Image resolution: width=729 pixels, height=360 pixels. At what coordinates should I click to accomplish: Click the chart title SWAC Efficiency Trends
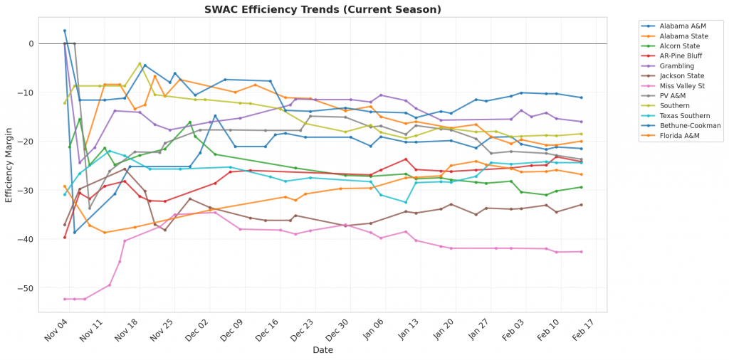point(322,9)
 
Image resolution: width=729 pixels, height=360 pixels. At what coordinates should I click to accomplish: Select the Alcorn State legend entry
point(681,45)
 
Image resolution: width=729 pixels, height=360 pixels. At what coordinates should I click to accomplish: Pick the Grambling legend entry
point(677,65)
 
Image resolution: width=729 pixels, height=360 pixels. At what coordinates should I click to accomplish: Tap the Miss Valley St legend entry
point(682,85)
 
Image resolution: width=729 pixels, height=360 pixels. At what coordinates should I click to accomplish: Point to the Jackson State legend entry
point(681,75)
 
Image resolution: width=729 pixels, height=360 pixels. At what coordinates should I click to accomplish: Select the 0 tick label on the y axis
point(31,43)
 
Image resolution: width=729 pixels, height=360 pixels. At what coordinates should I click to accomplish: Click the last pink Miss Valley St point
point(582,251)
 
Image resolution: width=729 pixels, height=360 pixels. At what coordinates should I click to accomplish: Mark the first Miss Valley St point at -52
point(65,299)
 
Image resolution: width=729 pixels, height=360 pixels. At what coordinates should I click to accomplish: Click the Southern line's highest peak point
point(140,63)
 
